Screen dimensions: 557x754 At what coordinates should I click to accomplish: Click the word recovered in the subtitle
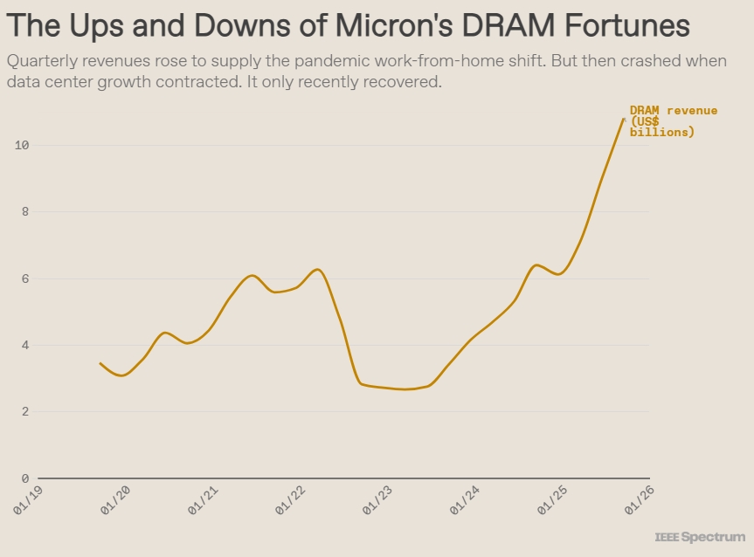tap(398, 83)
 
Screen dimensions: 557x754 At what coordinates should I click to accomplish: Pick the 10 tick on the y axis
tap(23, 145)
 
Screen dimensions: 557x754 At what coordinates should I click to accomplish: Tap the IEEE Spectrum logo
tap(700, 537)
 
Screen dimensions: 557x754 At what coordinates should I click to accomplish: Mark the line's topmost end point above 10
tap(624, 119)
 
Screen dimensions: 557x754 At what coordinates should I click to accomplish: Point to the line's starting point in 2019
tap(100, 363)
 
